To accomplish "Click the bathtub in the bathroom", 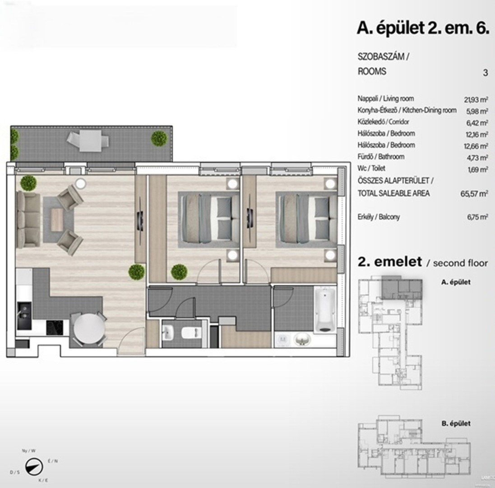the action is (325, 310).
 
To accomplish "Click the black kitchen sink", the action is (24, 315).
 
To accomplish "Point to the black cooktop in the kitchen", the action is (55, 328).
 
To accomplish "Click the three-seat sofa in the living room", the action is (28, 219).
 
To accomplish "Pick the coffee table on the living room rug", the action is (57, 220).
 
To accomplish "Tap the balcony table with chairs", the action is (88, 141).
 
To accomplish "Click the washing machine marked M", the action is (283, 340).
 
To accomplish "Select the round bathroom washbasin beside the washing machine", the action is (302, 340).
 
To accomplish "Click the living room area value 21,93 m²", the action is (476, 99).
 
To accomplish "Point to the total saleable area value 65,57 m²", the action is (474, 193).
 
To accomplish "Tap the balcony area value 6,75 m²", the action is (477, 217).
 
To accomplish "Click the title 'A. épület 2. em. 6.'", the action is (423, 28).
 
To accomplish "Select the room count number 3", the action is (486, 73).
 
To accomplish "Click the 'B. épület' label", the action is (456, 423).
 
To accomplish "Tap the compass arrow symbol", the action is (34, 466).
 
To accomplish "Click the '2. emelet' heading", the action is (390, 262).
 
